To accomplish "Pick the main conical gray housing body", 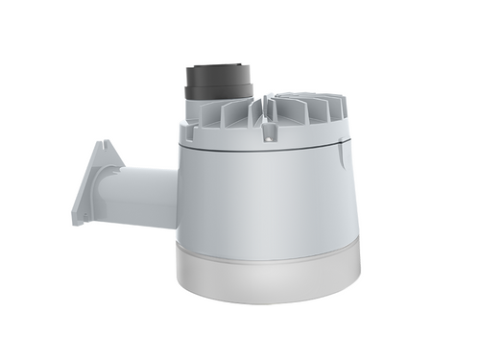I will (269, 197).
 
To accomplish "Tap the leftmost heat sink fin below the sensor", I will (209, 115).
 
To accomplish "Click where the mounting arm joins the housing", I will (178, 197).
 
